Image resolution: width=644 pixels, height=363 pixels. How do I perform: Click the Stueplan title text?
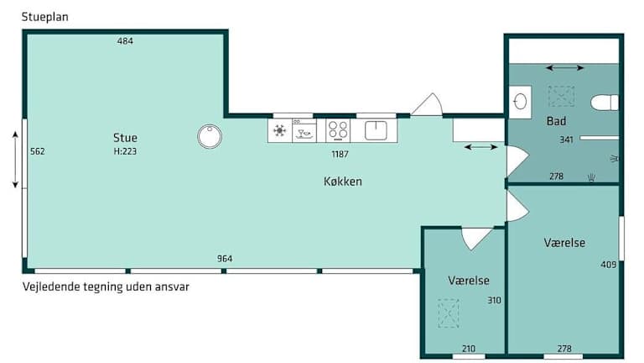click(44, 18)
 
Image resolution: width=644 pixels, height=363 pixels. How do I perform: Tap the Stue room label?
click(125, 138)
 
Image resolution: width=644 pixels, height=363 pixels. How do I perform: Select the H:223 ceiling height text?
click(125, 151)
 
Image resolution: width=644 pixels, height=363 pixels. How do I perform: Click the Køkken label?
click(343, 181)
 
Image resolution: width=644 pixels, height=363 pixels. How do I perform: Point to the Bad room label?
click(557, 121)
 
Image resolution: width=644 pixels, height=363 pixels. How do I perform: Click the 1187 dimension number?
click(340, 154)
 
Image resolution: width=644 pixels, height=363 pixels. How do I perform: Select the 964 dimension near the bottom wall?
click(225, 259)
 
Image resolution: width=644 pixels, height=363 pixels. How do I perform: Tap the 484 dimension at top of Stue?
click(125, 40)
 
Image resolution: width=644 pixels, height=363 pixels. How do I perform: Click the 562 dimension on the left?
click(38, 151)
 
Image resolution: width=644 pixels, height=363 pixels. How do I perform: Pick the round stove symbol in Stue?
click(210, 136)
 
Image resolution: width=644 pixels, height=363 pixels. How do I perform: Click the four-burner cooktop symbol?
click(338, 130)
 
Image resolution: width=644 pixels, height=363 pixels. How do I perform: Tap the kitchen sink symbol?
click(376, 130)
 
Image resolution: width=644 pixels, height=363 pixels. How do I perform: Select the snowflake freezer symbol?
click(280, 131)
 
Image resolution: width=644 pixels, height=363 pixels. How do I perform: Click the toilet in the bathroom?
click(605, 103)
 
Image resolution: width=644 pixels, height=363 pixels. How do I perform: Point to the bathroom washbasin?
click(521, 102)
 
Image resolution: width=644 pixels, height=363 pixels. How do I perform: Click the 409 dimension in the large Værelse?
click(609, 264)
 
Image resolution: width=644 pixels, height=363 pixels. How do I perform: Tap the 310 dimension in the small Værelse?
click(494, 301)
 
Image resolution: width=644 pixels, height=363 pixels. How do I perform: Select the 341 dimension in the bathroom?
click(566, 139)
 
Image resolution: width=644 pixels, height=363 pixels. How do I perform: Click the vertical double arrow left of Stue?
click(15, 160)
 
